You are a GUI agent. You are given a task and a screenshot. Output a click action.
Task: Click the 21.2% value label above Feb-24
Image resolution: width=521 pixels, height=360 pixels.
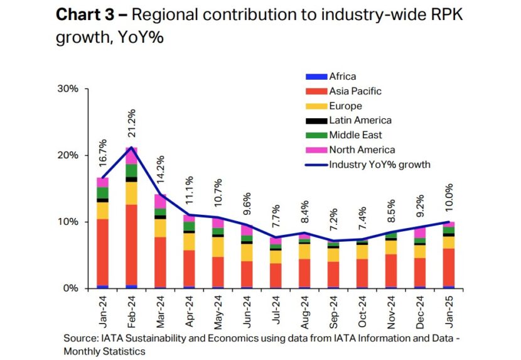(132, 125)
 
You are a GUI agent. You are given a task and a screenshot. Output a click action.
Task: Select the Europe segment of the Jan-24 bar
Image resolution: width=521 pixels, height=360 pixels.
(102, 210)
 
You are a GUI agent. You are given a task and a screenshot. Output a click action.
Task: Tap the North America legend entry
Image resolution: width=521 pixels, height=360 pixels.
(362, 150)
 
